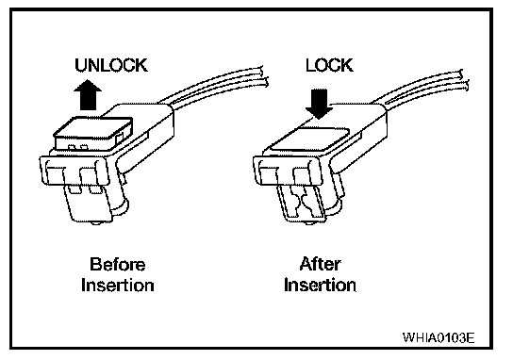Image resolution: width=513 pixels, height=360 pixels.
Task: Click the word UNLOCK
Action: pos(111,65)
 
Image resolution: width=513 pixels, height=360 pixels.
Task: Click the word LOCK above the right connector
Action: pos(329,65)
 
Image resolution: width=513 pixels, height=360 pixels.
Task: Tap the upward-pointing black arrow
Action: pos(88,95)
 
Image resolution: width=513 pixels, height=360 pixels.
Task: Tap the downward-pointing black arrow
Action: pos(319,104)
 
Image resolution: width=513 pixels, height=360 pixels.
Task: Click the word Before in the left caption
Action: pos(118,264)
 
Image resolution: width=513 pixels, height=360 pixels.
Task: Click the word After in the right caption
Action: pos(320,264)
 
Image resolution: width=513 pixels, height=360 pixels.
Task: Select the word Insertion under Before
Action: pos(118,286)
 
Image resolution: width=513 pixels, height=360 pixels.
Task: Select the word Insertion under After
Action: pos(320,285)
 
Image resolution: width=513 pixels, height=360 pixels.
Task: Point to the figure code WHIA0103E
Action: pos(439,337)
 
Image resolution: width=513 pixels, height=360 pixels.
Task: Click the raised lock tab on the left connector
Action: pos(93,134)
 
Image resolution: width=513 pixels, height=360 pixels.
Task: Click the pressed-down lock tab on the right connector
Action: pos(311,138)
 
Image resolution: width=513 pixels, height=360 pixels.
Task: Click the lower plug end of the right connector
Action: pos(302,204)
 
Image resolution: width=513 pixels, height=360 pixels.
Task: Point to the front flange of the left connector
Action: pos(74,171)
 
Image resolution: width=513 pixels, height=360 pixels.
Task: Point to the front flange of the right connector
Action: pos(288,171)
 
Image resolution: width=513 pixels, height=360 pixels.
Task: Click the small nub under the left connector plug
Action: pos(96,223)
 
